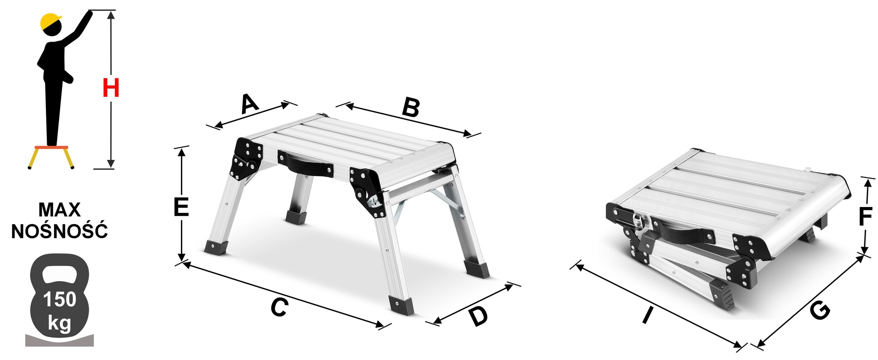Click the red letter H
coord(111,88)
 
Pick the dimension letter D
coord(478,316)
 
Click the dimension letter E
coord(181,207)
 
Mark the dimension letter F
coord(865,217)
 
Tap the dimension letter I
coord(647,316)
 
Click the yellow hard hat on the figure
coord(51,21)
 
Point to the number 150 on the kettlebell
coord(60,300)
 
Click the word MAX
coord(60,210)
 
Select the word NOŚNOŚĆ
coord(60,231)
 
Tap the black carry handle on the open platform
coord(305,164)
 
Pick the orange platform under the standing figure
coord(51,147)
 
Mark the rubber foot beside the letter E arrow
coord(216,248)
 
